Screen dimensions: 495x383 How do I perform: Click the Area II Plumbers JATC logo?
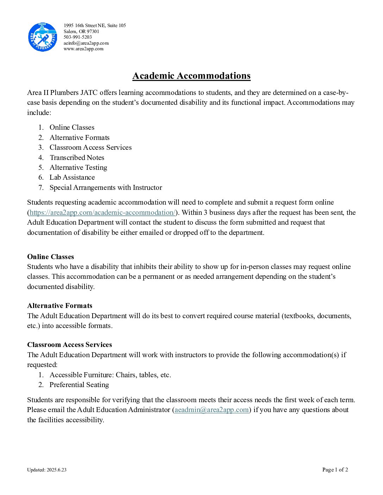[42, 37]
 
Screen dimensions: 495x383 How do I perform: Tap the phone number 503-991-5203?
[77, 37]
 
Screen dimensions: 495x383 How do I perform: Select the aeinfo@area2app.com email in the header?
[86, 43]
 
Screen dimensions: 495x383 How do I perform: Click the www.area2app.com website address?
[83, 49]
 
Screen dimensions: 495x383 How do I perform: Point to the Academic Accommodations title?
[191, 76]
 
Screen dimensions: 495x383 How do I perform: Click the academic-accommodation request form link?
[102, 212]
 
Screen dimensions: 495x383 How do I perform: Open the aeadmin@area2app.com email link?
[212, 410]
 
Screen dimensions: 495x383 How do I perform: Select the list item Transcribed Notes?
[77, 157]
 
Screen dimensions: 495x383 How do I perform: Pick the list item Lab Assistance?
[72, 178]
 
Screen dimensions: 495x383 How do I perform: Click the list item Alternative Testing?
[78, 167]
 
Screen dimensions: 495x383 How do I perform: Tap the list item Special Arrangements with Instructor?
[106, 187]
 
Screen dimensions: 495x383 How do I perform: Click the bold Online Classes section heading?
[50, 257]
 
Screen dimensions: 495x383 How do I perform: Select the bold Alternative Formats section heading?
[59, 306]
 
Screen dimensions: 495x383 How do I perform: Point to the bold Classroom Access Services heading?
[69, 345]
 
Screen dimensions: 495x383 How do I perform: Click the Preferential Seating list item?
[79, 385]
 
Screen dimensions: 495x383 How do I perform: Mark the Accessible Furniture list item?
[110, 375]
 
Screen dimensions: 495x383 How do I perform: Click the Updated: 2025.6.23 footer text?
[46, 470]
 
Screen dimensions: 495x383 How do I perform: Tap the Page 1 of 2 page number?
[335, 470]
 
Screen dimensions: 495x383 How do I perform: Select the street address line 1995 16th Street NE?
[94, 25]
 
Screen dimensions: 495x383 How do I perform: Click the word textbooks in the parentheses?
[299, 316]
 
